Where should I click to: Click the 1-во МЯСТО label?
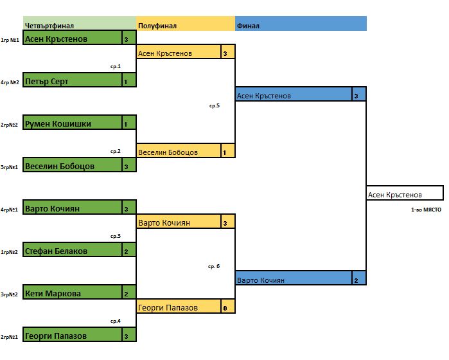click(426, 210)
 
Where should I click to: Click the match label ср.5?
click(215, 105)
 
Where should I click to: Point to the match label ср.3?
click(116, 236)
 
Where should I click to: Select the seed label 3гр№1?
click(9, 167)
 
